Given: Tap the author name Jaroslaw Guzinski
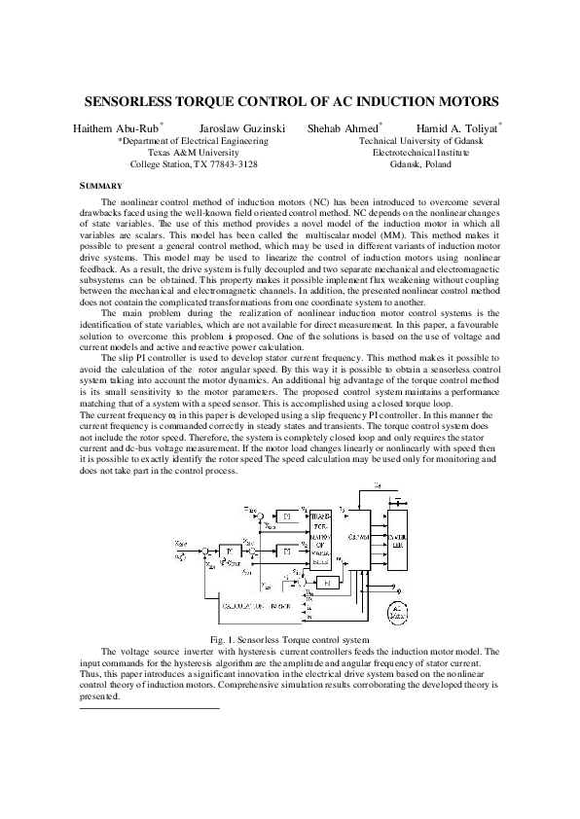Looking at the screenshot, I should tap(238, 127).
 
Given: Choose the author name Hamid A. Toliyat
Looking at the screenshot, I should tap(454, 127).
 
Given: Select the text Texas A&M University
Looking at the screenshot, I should tap(193, 153).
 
